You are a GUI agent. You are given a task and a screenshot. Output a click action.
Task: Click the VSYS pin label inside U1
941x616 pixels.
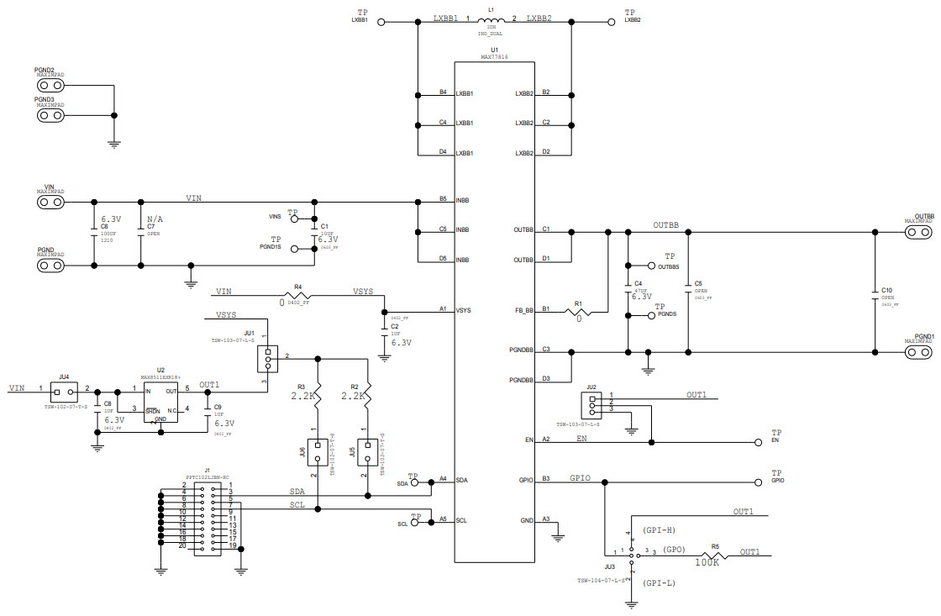coord(464,311)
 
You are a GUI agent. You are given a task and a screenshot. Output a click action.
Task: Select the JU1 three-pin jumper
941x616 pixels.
coord(268,359)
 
